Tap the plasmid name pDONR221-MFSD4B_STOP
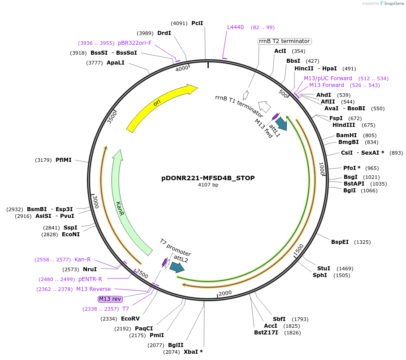point(208,178)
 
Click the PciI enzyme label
point(197,23)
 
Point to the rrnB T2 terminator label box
point(284,41)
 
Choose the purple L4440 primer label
point(235,27)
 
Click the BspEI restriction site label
point(340,242)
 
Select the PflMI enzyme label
point(64,160)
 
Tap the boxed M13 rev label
point(110,299)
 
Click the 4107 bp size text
point(208,185)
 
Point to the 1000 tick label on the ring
point(321,169)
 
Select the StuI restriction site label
point(324,268)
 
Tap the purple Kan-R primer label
point(82,259)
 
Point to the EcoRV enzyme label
point(130,319)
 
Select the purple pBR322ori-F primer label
point(134,43)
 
